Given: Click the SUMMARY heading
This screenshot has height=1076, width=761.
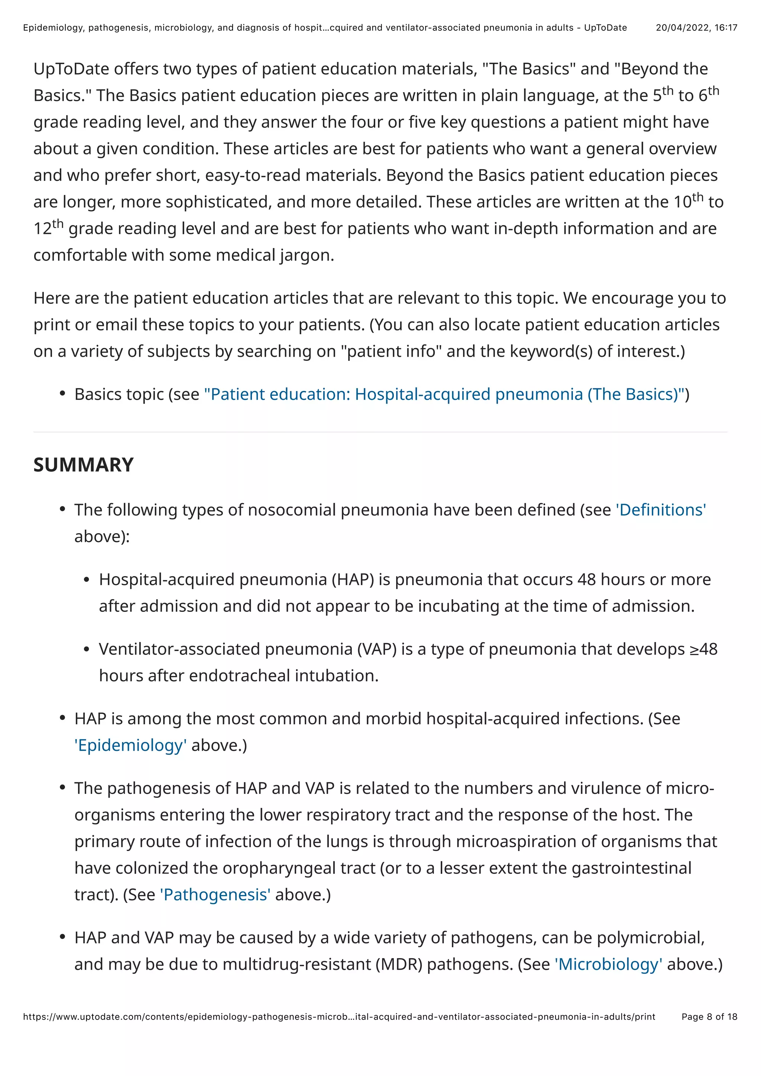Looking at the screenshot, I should coord(84,465).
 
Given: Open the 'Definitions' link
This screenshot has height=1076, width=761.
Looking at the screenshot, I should coord(660,510).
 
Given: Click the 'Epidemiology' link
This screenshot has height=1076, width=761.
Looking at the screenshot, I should coord(130,745).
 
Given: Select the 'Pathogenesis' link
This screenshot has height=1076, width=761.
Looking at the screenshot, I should coord(215,895).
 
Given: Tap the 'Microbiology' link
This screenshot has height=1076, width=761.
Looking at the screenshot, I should coord(608,965).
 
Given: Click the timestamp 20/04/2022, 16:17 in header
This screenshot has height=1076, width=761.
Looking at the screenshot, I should coord(696,27).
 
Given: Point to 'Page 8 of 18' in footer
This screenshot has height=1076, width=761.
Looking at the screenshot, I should coord(709,1017).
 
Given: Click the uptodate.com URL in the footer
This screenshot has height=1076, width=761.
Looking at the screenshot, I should coord(339,1017).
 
